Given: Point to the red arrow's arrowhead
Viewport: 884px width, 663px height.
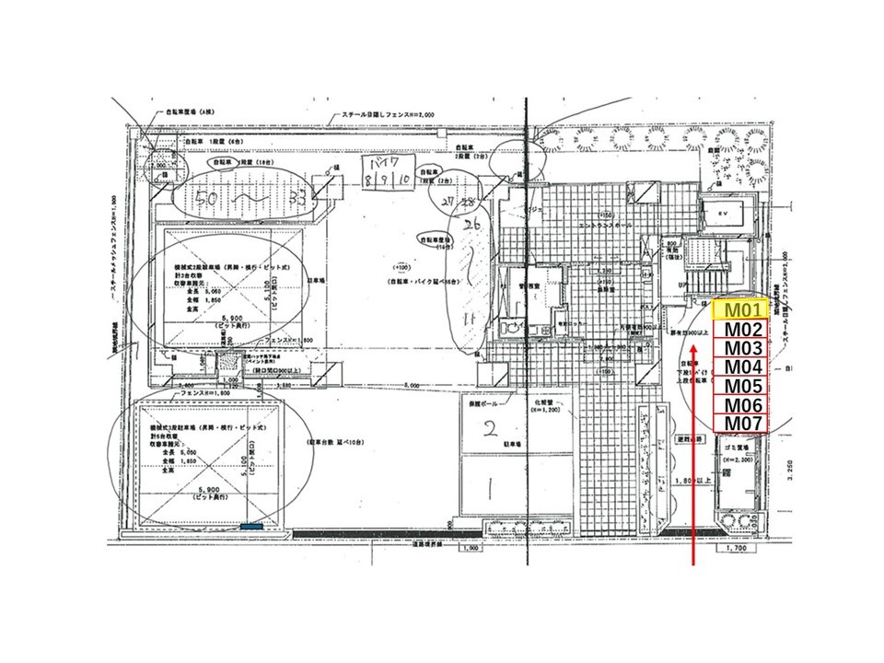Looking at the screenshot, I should point(692,348).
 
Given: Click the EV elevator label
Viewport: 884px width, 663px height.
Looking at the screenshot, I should point(723,211).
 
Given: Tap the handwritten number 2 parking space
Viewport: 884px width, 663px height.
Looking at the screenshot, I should point(491,427).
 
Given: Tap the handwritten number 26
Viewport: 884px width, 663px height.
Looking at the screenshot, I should point(473,225).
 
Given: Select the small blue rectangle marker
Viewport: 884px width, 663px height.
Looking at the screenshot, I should point(251,526).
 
